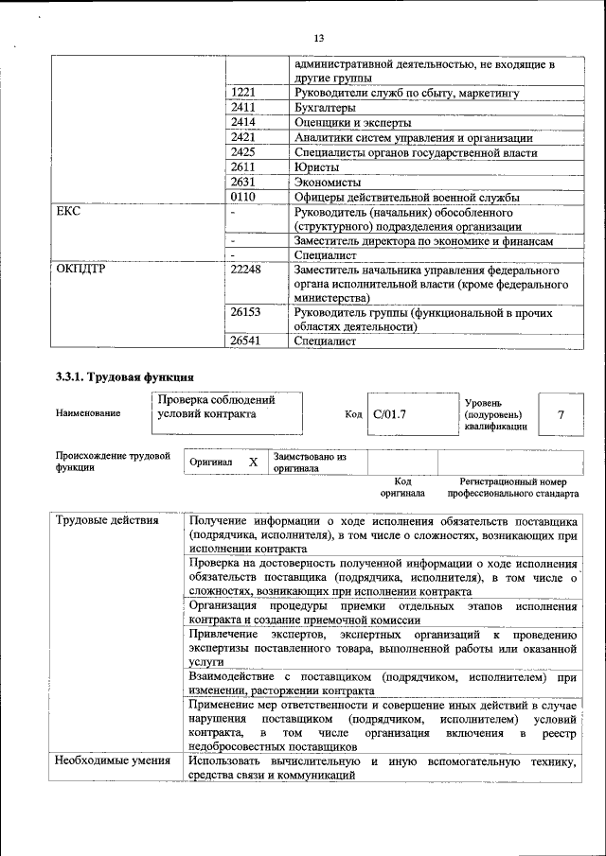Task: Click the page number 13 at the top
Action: click(x=318, y=38)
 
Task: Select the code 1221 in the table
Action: click(x=243, y=94)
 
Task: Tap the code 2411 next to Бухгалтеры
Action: click(x=243, y=109)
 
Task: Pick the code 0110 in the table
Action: click(x=243, y=197)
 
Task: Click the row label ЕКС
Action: click(x=67, y=212)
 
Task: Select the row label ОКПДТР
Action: click(x=80, y=271)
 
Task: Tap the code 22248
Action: click(x=246, y=271)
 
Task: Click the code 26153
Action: click(x=246, y=311)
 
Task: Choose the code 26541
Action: click(x=246, y=341)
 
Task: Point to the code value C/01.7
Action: click(x=389, y=413)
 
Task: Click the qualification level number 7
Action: click(x=561, y=414)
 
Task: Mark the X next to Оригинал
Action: click(x=253, y=462)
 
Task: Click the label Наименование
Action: click(x=88, y=413)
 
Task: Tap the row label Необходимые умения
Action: click(x=112, y=761)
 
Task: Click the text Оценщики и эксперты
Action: click(x=352, y=123)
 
